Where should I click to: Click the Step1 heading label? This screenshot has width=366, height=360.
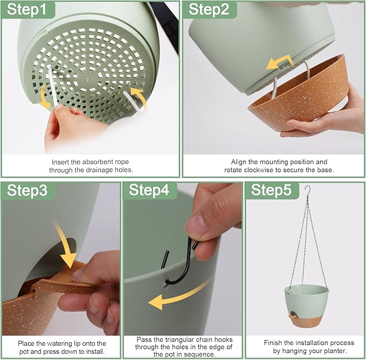point(27,10)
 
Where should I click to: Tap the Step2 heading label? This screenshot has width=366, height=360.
point(209,10)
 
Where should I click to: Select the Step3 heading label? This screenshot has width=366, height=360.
point(27,190)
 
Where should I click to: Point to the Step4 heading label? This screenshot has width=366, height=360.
point(149,190)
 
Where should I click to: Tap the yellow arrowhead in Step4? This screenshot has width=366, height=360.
point(156,302)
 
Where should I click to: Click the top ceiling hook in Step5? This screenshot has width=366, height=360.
point(308,191)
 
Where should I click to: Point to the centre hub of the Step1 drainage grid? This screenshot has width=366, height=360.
point(87,79)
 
